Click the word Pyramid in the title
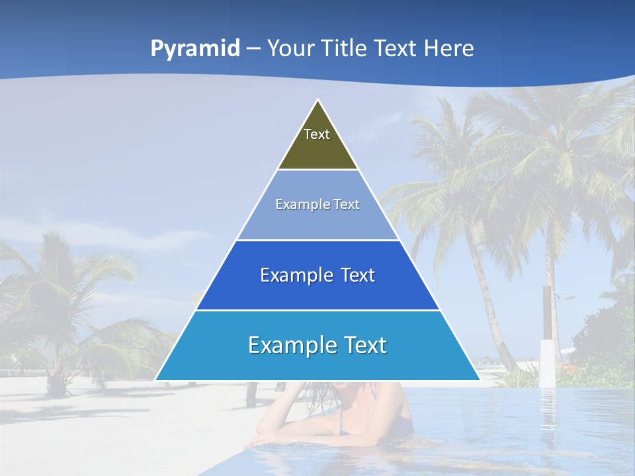coord(195,48)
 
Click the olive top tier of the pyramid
coord(317,149)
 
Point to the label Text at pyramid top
coord(317,134)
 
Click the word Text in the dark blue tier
coord(358,275)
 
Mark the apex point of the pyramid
coord(318,101)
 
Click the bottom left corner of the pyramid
coord(156,379)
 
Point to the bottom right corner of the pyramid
coord(479,379)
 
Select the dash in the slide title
coord(253,48)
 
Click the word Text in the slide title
coord(396,48)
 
